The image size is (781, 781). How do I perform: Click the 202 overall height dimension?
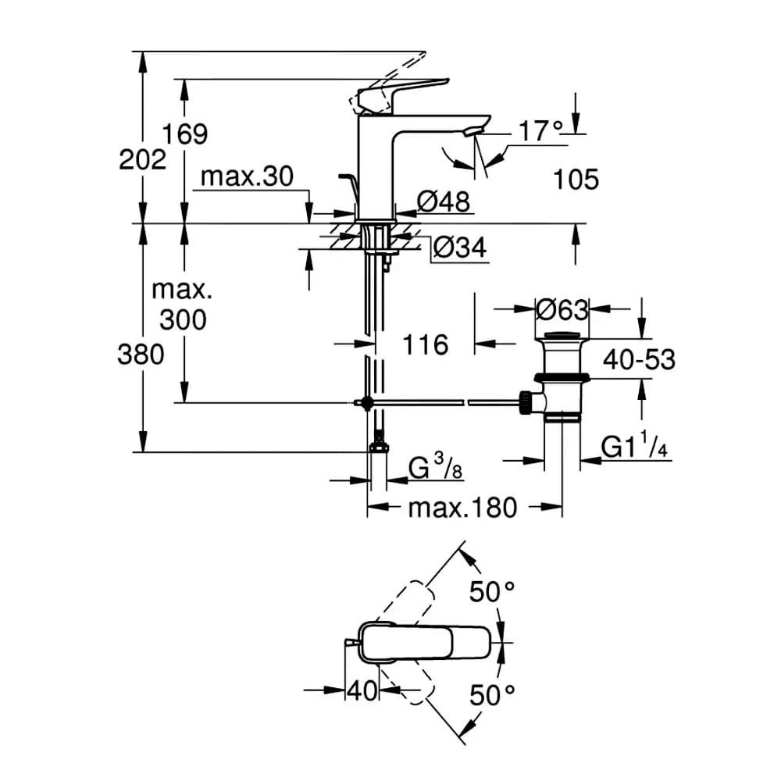142,160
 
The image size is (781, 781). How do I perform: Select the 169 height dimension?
185,134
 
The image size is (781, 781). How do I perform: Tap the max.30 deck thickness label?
247,177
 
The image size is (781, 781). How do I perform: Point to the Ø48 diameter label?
444,201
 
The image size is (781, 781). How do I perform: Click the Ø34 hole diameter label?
460,247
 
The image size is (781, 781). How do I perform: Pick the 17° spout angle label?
541,131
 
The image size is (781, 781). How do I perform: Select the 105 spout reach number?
576,180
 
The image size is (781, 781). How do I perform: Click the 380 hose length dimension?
141,355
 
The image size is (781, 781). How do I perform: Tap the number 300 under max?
183,319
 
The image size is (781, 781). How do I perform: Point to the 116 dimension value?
426,344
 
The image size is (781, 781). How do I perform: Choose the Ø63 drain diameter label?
562,310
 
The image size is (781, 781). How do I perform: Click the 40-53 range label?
639,359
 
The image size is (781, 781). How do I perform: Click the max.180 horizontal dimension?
462,508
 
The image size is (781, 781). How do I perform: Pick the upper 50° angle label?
492,592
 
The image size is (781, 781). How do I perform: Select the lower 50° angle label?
492,695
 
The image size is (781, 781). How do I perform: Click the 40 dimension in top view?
362,691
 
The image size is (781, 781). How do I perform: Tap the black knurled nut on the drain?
524,402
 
